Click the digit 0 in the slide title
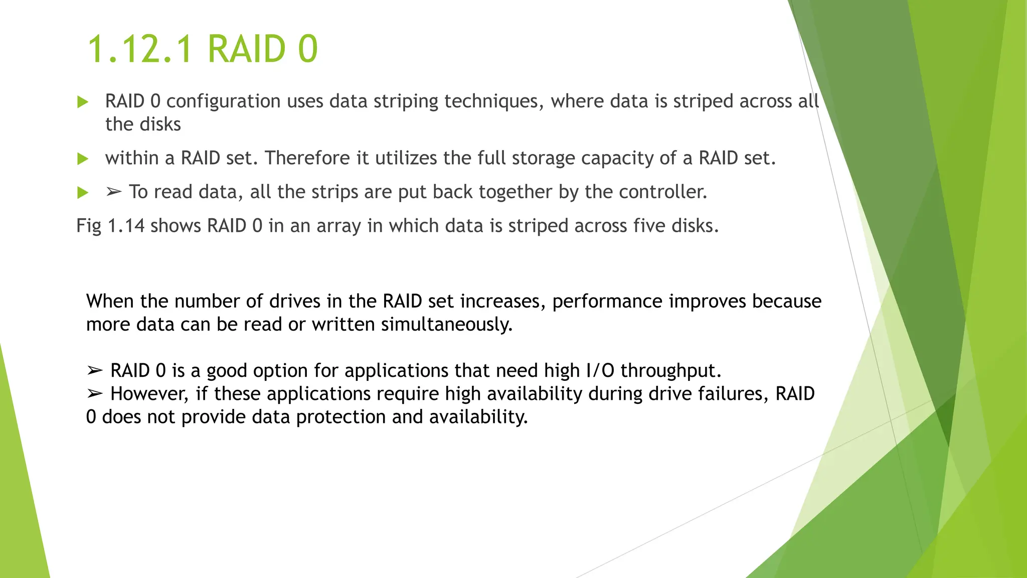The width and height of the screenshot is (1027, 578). click(x=308, y=49)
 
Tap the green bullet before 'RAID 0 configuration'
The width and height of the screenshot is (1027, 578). click(x=83, y=102)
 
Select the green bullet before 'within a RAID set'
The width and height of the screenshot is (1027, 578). click(x=83, y=159)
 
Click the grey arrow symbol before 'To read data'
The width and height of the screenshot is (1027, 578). click(x=114, y=192)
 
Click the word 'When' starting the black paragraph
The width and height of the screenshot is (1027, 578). click(x=110, y=301)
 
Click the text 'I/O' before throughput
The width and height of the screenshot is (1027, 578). click(x=600, y=371)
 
